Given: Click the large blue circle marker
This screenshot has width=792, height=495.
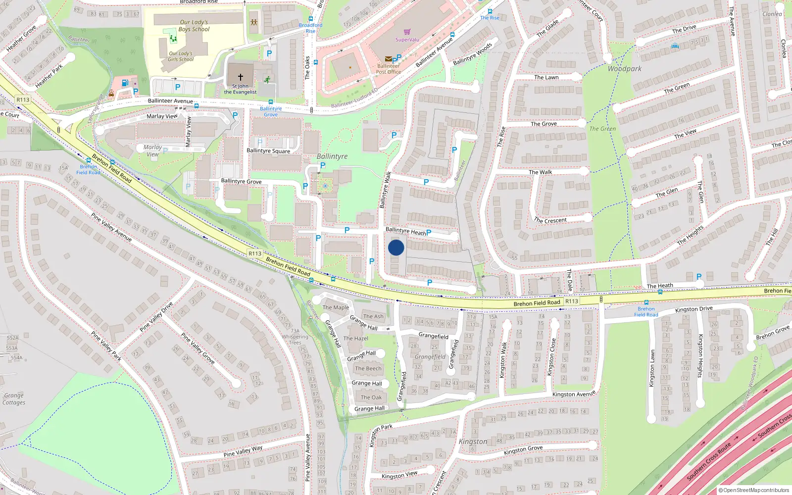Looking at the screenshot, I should (396, 247).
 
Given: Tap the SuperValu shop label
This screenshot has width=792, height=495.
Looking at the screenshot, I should (407, 40).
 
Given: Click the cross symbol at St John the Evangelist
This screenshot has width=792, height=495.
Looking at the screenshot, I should (241, 77).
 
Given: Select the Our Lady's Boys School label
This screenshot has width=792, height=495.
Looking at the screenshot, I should (194, 26).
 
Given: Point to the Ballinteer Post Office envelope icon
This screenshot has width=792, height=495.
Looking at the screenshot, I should (389, 59).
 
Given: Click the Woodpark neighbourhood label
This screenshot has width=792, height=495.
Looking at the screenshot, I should (624, 69).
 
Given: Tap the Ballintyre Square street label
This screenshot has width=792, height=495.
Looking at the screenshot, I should (268, 151).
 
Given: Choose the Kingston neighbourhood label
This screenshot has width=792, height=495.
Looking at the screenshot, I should (473, 442).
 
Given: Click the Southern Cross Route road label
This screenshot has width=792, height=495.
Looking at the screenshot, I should (709, 462).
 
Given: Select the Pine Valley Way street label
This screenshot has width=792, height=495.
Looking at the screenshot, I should (243, 451).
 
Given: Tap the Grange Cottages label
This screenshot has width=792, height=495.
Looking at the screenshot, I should (14, 399).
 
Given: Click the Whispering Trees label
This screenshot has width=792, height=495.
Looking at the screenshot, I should (295, 340).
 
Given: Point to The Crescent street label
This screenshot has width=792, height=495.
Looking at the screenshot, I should (550, 220).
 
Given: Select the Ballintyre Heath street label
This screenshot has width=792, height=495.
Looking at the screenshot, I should (405, 231).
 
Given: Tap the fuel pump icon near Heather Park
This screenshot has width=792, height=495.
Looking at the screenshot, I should (125, 83).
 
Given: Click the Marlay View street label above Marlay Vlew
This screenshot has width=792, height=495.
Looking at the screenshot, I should (162, 116).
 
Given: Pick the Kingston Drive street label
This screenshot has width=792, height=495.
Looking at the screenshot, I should (693, 309).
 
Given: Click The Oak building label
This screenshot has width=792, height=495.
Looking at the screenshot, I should (371, 397).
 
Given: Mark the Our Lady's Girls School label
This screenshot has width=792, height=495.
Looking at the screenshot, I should (181, 56).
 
